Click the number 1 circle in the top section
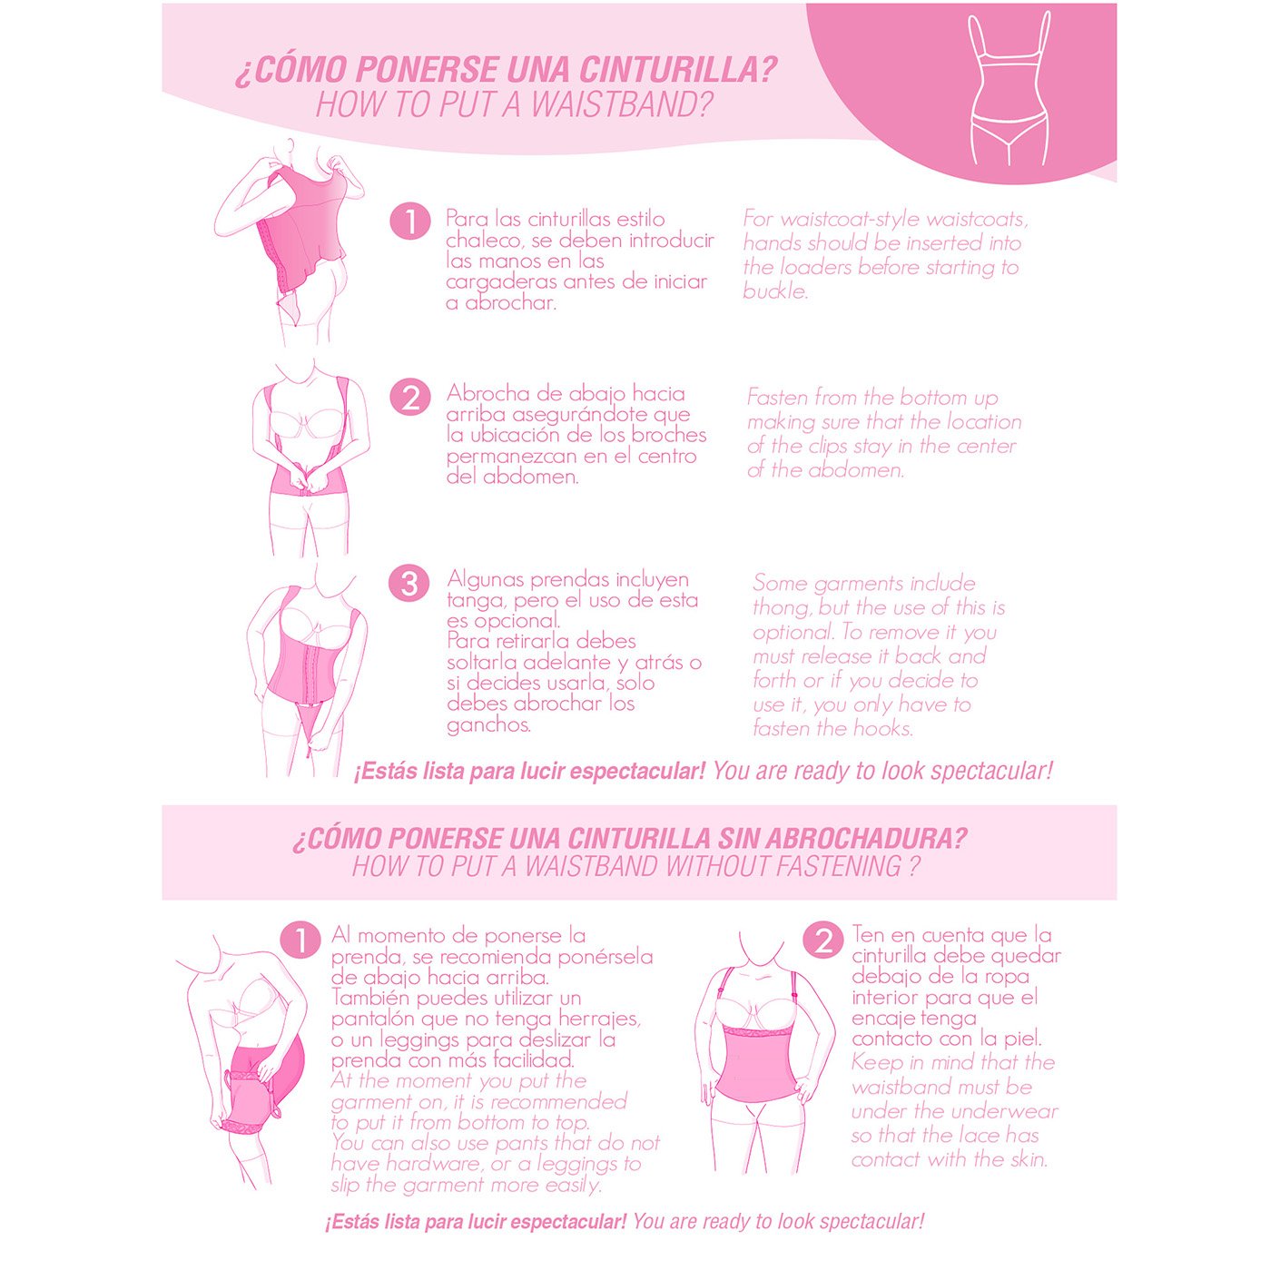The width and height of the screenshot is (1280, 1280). point(409,222)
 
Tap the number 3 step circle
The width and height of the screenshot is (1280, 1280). point(409,583)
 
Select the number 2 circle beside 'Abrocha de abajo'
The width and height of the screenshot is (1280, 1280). point(409,398)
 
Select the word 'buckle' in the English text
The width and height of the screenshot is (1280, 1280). point(774,291)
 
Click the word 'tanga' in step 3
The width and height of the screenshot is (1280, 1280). point(475,601)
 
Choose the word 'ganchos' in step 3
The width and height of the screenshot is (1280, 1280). point(488,725)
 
